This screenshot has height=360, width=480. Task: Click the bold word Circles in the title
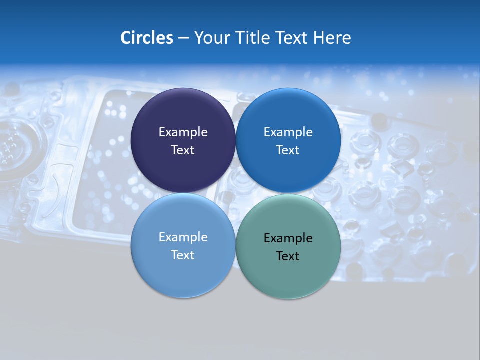click(x=146, y=38)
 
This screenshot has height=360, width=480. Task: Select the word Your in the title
click(x=210, y=38)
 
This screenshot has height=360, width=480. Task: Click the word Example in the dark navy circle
click(x=183, y=132)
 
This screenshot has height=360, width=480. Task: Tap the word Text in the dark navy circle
click(x=183, y=150)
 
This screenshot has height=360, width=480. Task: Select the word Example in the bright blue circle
click(x=288, y=132)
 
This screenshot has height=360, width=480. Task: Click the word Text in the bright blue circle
click(x=288, y=150)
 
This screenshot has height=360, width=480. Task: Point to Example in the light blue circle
click(x=183, y=237)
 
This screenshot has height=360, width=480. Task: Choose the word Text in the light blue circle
click(x=183, y=255)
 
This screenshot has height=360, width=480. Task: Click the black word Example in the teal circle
click(x=288, y=238)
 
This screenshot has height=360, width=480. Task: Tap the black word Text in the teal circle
click(x=288, y=256)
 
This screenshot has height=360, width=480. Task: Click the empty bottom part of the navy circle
click(x=183, y=175)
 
